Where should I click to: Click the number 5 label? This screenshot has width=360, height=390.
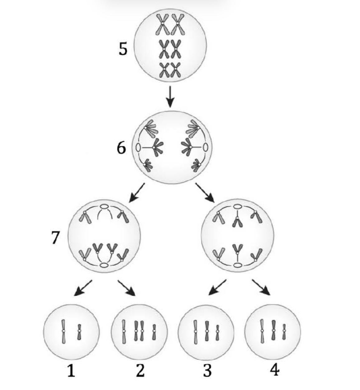point(123,49)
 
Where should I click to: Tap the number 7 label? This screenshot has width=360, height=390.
point(55,237)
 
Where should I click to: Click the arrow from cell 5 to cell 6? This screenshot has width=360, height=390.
point(170,96)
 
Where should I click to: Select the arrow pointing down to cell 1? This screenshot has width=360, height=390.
point(83,288)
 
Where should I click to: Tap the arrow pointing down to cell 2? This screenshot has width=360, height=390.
point(127,288)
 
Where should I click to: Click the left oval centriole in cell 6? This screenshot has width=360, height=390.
point(138,148)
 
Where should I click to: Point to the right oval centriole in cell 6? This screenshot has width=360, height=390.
point(205,147)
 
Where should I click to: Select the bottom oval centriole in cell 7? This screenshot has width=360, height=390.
point(104,265)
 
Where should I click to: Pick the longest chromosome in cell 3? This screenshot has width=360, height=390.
point(195,332)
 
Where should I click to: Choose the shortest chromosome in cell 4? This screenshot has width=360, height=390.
point(284,332)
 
